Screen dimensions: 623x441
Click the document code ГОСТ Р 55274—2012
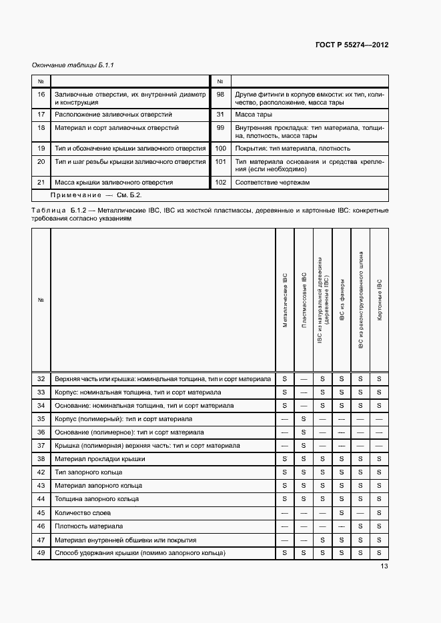351,45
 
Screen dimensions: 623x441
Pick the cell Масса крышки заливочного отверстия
113,182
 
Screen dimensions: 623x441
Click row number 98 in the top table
220,95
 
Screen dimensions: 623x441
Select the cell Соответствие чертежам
272,182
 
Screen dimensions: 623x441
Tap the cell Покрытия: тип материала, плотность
292,149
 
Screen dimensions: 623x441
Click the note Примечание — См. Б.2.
96,195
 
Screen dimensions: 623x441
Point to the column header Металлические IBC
285,300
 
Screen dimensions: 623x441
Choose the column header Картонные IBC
379,300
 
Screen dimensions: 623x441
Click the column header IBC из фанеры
342,300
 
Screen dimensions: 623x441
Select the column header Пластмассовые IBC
304,300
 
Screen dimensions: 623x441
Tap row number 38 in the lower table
41,459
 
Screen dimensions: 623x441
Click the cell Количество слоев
83,512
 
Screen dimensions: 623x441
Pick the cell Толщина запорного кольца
97,499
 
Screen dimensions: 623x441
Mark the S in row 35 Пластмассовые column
304,418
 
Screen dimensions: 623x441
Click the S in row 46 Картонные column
379,526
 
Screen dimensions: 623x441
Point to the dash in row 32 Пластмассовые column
304,378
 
